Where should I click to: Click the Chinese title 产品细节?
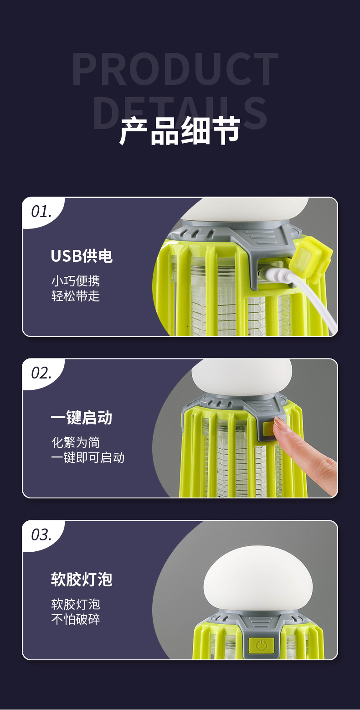pyautogui.click(x=180, y=131)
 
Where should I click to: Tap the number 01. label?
pyautogui.click(x=41, y=212)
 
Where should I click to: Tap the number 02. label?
pyautogui.click(x=41, y=373)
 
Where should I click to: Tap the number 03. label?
pyautogui.click(x=41, y=534)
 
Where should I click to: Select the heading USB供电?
pyautogui.click(x=82, y=256)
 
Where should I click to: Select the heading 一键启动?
pyautogui.click(x=82, y=418)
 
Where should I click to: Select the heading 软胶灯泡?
pyautogui.click(x=82, y=579)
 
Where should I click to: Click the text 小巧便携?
pyautogui.click(x=75, y=280)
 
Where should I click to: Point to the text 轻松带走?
pyautogui.click(x=75, y=296)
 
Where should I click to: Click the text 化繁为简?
pyautogui.click(x=75, y=442)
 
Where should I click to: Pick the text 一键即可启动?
pyautogui.click(x=87, y=457)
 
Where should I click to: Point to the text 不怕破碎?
pyautogui.click(x=75, y=619)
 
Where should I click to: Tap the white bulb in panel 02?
pyautogui.click(x=241, y=376)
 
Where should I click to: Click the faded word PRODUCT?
pyautogui.click(x=175, y=69)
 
